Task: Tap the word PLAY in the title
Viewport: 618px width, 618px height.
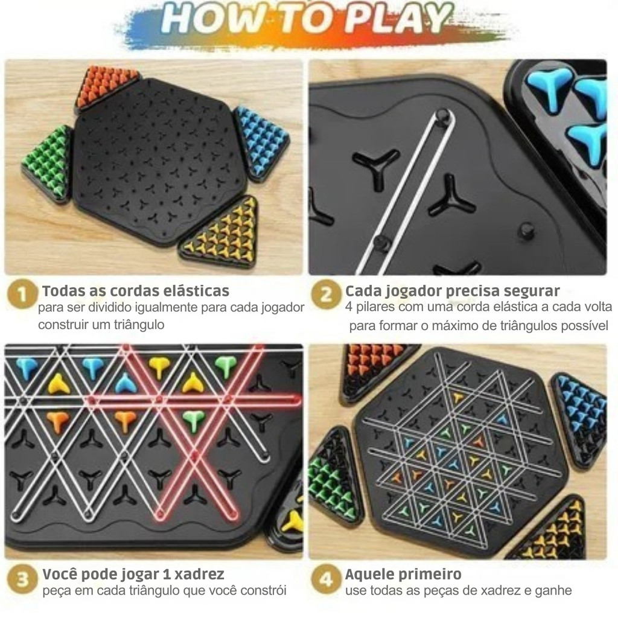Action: click(x=401, y=19)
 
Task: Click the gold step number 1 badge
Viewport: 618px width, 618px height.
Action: click(x=22, y=294)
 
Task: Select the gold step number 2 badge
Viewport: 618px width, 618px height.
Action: click(x=326, y=295)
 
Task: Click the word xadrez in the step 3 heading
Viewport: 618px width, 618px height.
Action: click(x=199, y=575)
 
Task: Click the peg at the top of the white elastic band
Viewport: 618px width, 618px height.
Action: click(x=442, y=115)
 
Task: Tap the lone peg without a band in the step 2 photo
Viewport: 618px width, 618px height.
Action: click(x=526, y=230)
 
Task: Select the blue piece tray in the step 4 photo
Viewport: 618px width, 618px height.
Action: click(x=579, y=420)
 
